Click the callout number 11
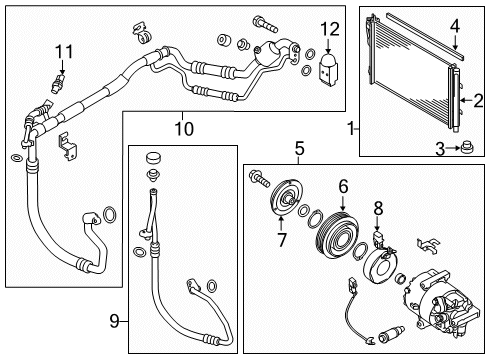click(x=64, y=51)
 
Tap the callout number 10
click(x=182, y=129)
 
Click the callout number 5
click(x=298, y=149)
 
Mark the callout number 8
click(x=378, y=207)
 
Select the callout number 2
click(x=478, y=99)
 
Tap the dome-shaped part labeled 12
click(x=330, y=66)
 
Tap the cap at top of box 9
click(x=153, y=160)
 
